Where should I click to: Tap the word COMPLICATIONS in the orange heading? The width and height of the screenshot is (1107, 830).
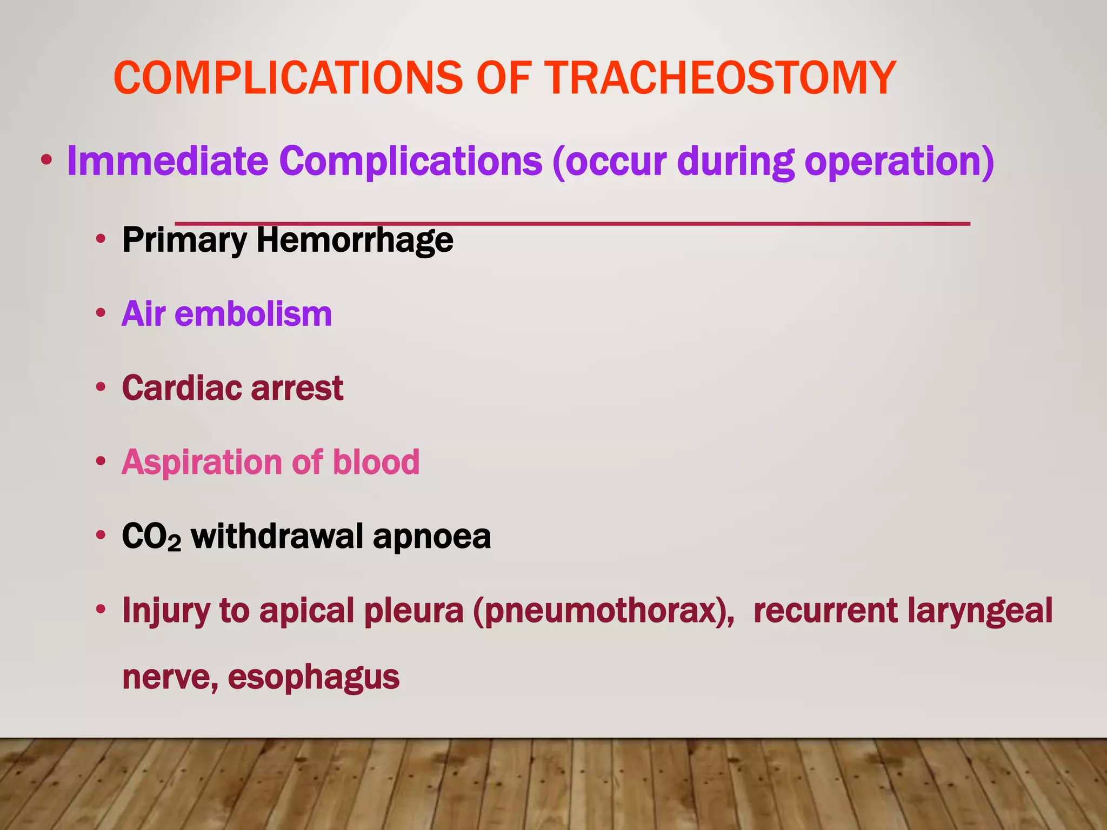[288, 78]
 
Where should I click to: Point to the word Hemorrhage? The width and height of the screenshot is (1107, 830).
[355, 240]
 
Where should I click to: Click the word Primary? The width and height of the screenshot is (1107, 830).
[184, 240]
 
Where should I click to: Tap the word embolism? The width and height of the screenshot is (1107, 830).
[253, 314]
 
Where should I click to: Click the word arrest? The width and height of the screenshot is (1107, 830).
[297, 388]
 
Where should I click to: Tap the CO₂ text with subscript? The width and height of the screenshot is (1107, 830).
[151, 537]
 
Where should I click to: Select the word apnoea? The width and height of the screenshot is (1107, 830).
[432, 536]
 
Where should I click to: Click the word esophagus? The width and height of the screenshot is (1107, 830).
[314, 677]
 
